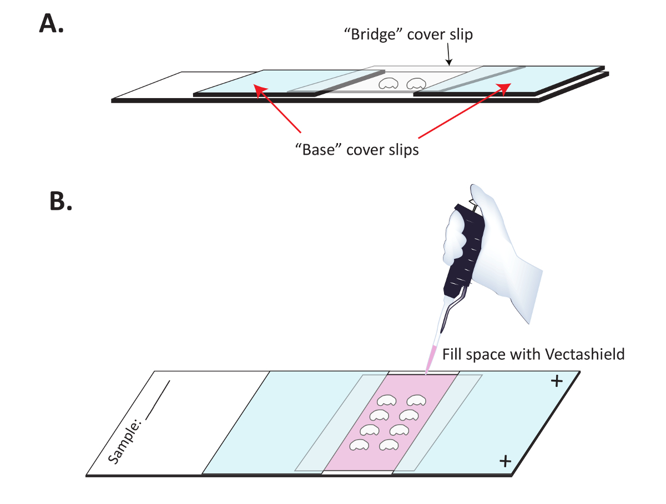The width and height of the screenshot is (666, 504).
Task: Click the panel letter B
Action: coord(61,202)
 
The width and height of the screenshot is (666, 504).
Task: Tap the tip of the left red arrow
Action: coord(255,85)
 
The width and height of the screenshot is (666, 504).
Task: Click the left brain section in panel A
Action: coord(388,84)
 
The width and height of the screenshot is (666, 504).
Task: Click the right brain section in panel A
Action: coord(416,84)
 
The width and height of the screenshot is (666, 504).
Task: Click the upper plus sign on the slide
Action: coord(556,381)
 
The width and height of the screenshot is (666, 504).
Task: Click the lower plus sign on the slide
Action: coord(505,460)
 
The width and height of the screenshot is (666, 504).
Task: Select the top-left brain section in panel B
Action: coord(387,400)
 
